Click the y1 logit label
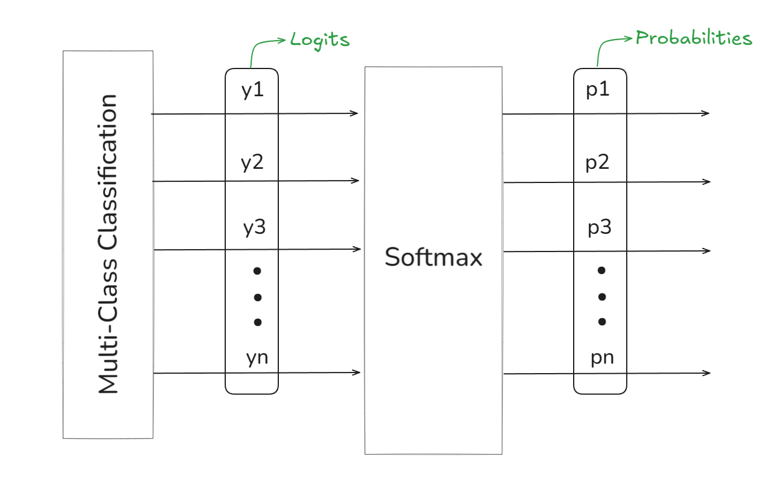coord(252,90)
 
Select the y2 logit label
coord(252,162)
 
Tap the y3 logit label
coord(255,227)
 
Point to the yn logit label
coord(257,358)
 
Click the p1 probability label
coord(598,90)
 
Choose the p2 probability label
coord(597,162)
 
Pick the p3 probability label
coord(600,227)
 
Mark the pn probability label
coord(602,358)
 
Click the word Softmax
coord(433,257)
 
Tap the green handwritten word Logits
coord(320,40)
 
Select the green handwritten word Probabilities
coord(694,38)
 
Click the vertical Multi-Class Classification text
coord(107,244)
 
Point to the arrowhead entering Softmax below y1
coord(354,113)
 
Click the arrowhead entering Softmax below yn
coord(357,373)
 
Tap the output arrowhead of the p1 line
coord(706,113)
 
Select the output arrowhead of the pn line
coord(707,373)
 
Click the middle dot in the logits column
coord(258,298)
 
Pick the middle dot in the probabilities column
coord(602,297)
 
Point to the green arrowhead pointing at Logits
coord(282,40)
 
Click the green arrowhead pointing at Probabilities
coord(629,38)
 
